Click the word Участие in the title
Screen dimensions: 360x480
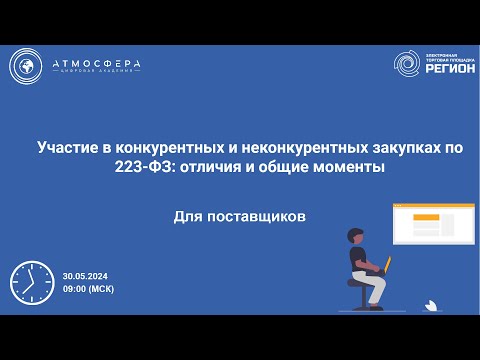tap(67, 148)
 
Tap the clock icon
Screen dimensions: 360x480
tap(31, 283)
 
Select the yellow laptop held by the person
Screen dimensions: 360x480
tap(383, 263)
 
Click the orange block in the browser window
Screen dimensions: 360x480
tap(426, 219)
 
